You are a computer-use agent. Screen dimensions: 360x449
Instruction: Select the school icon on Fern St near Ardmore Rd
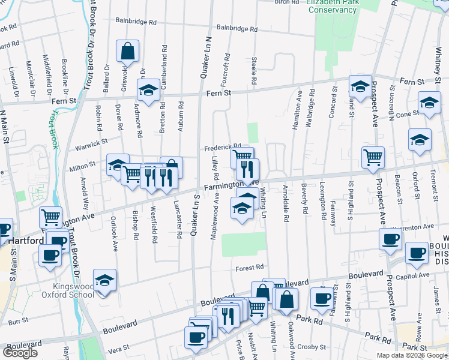point(148,91)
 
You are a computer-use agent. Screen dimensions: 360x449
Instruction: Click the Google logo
point(20,353)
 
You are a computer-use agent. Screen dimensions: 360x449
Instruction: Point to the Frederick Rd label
point(222,146)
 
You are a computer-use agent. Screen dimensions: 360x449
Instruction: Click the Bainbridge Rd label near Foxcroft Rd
point(237,28)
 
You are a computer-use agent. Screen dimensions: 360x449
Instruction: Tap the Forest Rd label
point(250,267)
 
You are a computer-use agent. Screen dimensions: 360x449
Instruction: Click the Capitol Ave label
point(416,275)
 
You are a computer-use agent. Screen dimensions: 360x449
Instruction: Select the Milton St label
point(83,164)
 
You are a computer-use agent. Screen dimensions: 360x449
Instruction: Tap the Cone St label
point(407,113)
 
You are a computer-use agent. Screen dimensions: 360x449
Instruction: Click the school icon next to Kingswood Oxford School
point(104,280)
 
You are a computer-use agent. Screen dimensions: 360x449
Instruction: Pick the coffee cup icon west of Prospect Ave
point(390,238)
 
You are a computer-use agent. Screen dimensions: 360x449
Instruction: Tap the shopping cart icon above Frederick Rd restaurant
point(242,158)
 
